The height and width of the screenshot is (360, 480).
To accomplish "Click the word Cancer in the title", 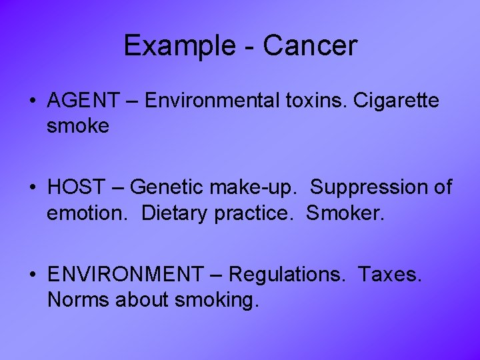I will pos(310,46).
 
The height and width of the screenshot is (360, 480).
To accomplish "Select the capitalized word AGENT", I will pos(81,101).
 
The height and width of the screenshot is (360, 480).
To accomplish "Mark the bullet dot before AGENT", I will pos(33,102).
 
